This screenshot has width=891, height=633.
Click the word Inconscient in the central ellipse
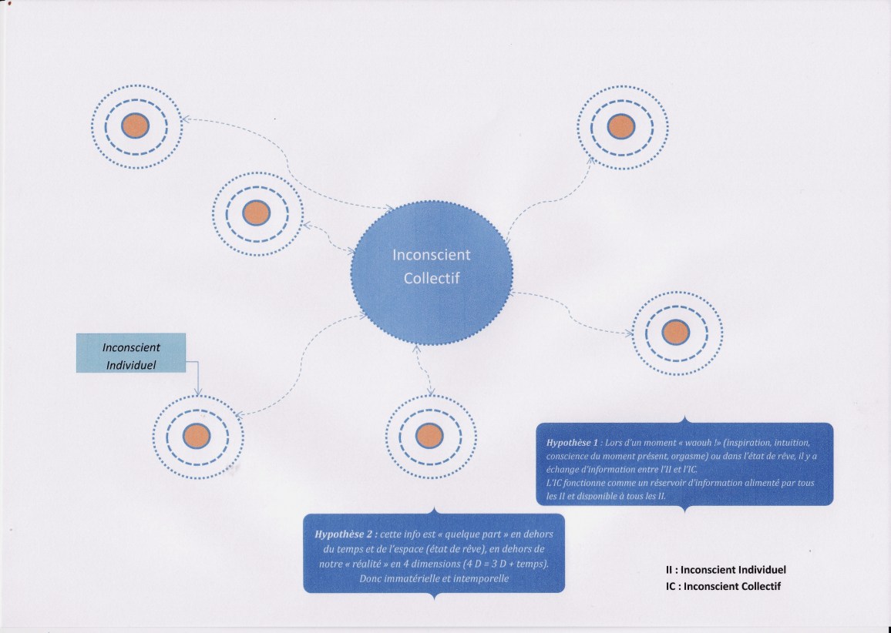431,255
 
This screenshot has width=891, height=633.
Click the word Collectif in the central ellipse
431,278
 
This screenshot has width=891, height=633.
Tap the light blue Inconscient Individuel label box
131,353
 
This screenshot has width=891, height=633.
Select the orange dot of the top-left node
136,125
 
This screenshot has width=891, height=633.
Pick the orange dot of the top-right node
620,126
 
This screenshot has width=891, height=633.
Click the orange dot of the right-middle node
677,332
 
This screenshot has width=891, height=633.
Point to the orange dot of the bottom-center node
429,436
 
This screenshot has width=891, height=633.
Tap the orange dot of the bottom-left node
197,436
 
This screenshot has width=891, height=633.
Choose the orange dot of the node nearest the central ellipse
257,213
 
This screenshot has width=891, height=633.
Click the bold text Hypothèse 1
572,444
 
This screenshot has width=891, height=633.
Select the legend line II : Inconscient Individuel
725,571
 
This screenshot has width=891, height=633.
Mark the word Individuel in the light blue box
131,364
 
